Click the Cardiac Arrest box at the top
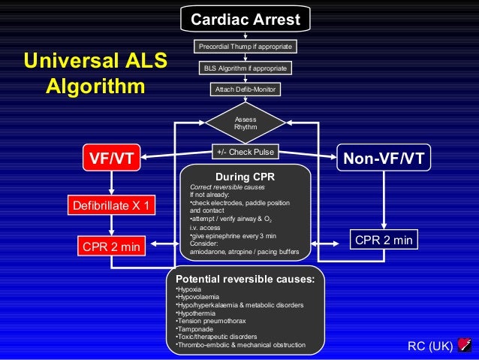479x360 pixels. point(245,19)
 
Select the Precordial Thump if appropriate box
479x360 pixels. point(245,47)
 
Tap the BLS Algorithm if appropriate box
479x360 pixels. point(245,68)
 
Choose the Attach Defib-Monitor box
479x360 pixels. point(246,89)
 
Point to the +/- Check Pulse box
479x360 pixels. point(246,152)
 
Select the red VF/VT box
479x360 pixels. point(112,159)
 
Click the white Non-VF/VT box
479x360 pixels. point(383,159)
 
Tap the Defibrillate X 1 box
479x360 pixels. point(112,204)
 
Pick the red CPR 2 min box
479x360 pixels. point(112,245)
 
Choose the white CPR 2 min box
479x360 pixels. point(384,241)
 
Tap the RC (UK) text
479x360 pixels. point(430,346)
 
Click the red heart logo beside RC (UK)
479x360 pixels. point(463,345)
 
